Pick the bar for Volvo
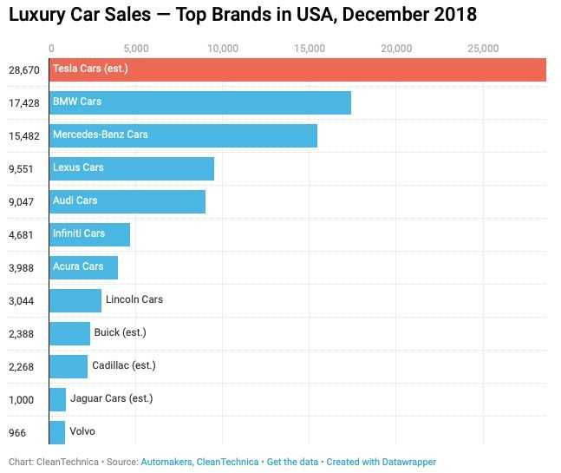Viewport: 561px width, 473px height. pos(57,431)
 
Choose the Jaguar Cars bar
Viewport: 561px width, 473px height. pos(58,399)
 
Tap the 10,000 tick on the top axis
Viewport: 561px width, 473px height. pos(224,49)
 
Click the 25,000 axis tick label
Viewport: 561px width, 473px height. pos(483,49)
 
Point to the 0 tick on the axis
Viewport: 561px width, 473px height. pos(51,49)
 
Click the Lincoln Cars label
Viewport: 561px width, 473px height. pos(134,299)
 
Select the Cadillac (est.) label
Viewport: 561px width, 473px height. pos(125,365)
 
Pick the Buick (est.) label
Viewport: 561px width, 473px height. pos(121,332)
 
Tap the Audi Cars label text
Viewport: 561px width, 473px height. pos(75,200)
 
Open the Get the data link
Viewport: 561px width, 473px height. pos(292,462)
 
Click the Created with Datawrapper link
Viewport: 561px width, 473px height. pos(382,462)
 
